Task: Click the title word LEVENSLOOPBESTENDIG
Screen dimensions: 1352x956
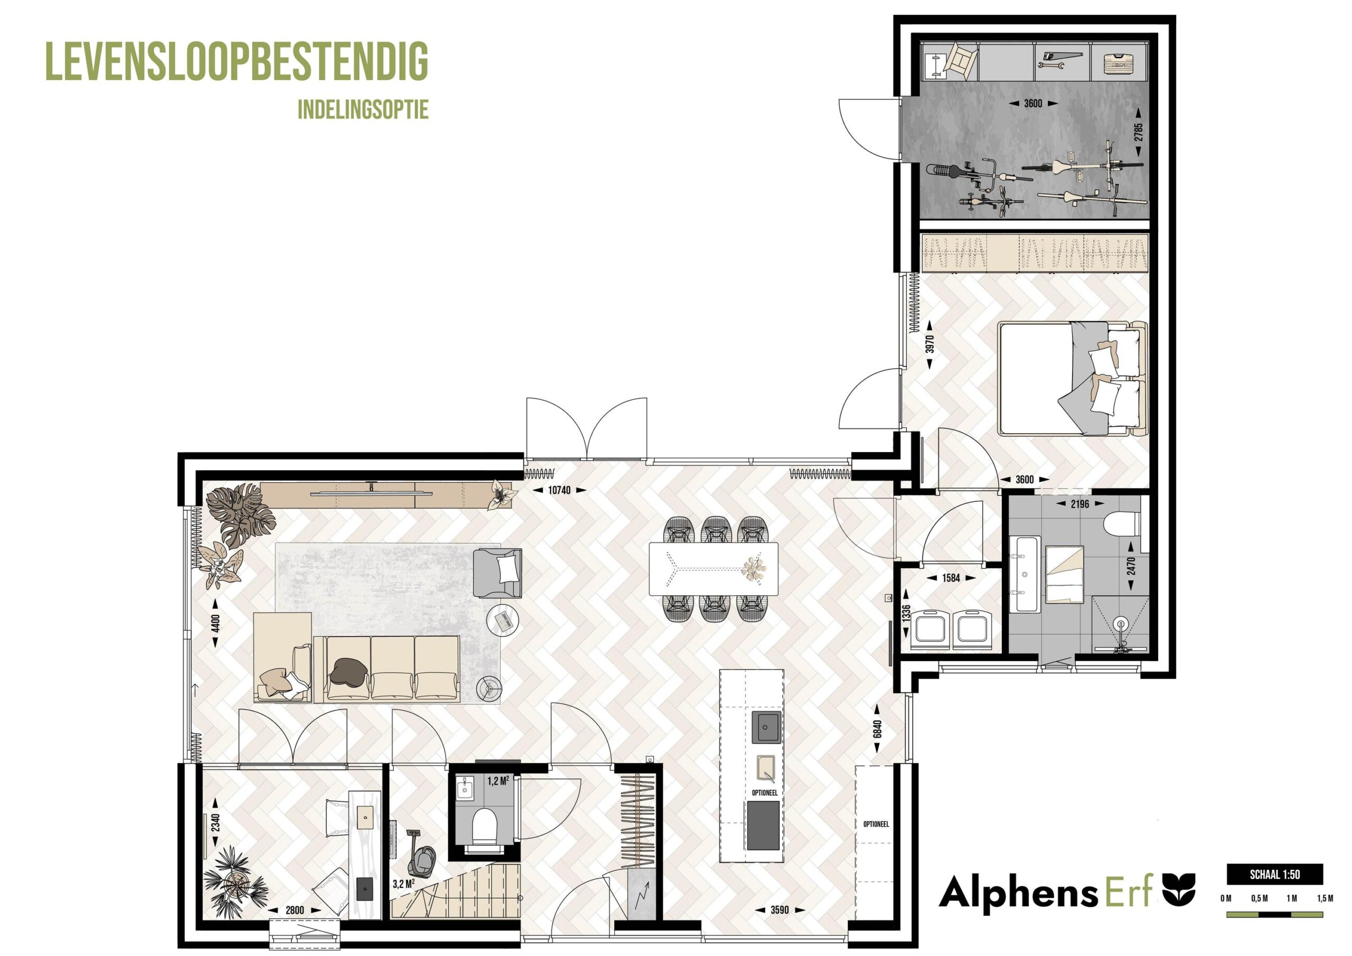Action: [237, 61]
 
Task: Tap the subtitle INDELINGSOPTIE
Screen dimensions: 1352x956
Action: [363, 109]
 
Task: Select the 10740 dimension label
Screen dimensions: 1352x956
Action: [559, 490]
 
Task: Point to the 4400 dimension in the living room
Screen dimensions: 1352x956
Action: [215, 623]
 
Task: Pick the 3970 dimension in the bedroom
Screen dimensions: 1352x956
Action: [930, 344]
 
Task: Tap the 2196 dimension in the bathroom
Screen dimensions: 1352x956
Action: [1079, 504]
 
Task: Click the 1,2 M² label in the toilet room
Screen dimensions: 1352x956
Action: [498, 781]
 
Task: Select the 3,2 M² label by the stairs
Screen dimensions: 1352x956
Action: [404, 884]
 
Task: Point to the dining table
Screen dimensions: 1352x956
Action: [713, 568]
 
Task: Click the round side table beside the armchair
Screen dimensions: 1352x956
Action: [503, 618]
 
